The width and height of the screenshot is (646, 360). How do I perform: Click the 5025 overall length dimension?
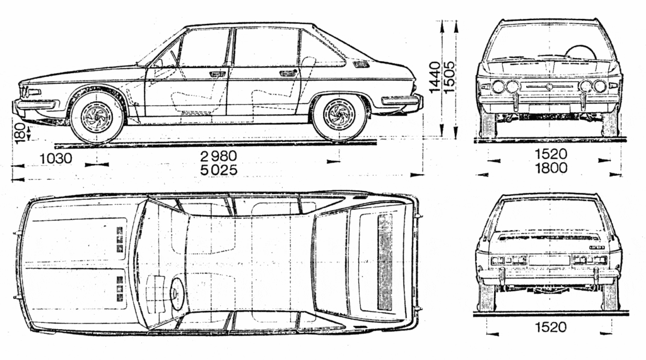[x=219, y=170]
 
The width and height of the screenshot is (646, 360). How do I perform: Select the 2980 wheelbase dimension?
[x=219, y=156]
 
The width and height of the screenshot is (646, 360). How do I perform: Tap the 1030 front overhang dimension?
[x=56, y=158]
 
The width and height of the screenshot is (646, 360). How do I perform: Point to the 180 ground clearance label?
[x=19, y=131]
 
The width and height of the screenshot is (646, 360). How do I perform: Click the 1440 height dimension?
[x=435, y=78]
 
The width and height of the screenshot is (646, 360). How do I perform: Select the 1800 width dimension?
[x=551, y=168]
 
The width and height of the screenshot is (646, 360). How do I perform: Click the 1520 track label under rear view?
[x=551, y=327]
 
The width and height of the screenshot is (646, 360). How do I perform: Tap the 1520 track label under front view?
[x=551, y=154]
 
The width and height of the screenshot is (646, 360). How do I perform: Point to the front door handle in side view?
[x=217, y=74]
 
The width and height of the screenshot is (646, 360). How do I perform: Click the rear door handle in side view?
[x=287, y=73]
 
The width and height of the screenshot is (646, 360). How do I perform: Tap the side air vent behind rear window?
[x=361, y=64]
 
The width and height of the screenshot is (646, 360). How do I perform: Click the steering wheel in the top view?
[x=177, y=293]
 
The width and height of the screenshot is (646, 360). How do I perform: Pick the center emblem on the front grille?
[x=549, y=86]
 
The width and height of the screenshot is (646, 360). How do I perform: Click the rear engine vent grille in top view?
[x=385, y=262]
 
